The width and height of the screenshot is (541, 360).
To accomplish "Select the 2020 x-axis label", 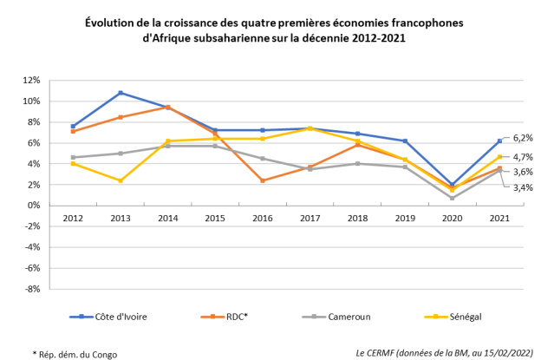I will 452,218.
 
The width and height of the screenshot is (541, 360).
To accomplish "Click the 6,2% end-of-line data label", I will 524,138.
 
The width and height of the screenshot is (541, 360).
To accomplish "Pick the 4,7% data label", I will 524,157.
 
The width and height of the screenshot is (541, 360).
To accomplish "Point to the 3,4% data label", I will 524,187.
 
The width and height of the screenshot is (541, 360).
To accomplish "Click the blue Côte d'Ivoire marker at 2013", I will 121,93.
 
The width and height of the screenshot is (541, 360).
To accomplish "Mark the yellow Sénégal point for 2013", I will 121,180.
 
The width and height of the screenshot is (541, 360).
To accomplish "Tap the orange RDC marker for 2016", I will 261,180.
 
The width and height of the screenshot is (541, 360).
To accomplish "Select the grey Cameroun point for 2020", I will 452,198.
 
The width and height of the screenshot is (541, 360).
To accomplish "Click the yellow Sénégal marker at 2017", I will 310,128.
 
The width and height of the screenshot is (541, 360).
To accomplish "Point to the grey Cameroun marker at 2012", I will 73,157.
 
